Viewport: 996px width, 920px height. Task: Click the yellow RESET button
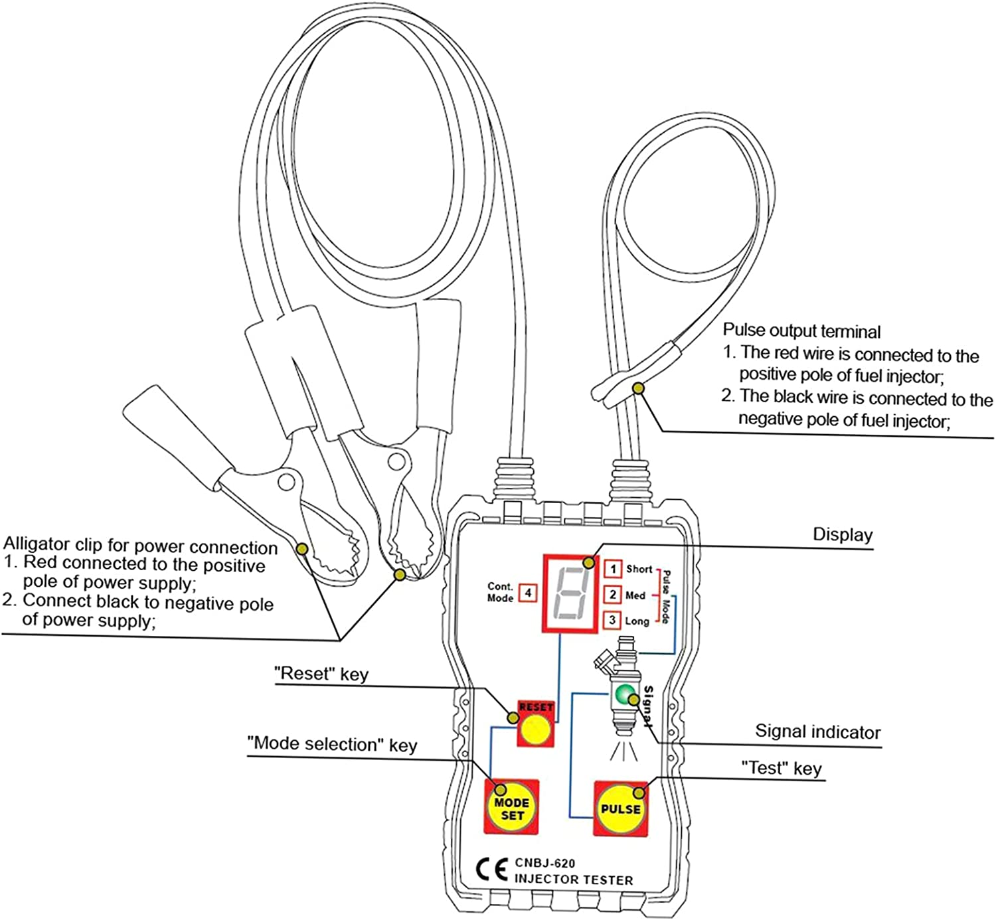[535, 731]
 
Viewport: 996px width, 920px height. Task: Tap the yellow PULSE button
[620, 809]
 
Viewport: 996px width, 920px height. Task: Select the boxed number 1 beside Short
[613, 569]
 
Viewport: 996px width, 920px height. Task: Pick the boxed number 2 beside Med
[613, 595]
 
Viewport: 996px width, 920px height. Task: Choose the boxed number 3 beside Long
[612, 620]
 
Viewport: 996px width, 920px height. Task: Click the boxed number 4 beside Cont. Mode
[528, 592]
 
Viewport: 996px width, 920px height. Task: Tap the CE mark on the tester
[492, 870]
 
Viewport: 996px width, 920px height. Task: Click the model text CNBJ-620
[544, 863]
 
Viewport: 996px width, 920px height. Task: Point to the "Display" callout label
[843, 534]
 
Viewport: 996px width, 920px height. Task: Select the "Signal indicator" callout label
[817, 731]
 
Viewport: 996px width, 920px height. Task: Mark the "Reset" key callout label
[321, 674]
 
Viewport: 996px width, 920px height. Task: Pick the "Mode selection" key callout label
[332, 744]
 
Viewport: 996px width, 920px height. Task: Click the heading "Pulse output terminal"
[801, 331]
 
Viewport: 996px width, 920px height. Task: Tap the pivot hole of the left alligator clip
[287, 479]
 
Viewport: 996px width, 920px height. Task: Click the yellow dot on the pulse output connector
[637, 388]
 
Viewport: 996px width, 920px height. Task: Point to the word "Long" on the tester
[637, 621]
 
